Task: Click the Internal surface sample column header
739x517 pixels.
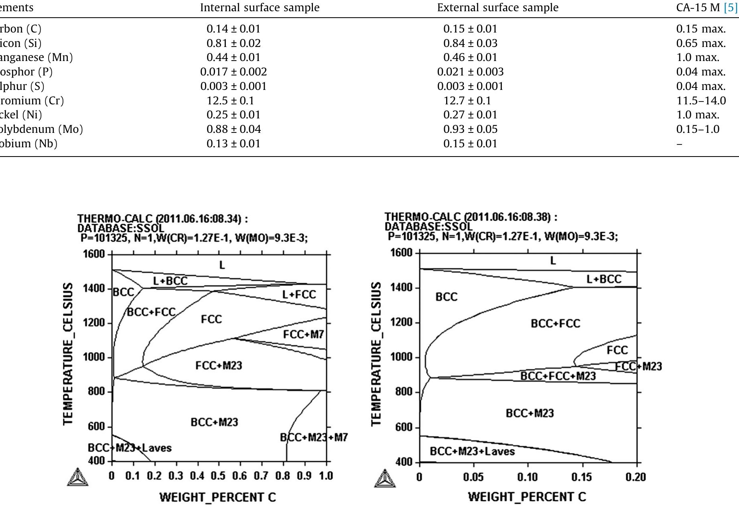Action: coord(260,8)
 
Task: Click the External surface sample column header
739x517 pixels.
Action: coord(497,8)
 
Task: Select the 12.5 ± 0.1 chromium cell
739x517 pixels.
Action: coord(230,101)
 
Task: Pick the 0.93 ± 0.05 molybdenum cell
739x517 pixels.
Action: coord(470,129)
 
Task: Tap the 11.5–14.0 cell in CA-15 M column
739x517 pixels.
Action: coord(701,101)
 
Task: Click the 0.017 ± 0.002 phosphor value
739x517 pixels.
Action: coord(233,72)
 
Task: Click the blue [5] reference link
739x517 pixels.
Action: coord(731,8)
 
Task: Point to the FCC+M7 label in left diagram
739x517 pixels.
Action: coord(303,334)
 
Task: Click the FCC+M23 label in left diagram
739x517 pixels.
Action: coord(219,365)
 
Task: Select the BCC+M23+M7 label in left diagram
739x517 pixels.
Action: coord(314,437)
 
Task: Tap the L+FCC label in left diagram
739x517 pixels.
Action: coord(299,295)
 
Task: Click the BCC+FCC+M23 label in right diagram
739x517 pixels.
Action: coord(558,376)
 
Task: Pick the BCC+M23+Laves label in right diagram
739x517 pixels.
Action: coord(472,452)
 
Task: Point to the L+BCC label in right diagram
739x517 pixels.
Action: coord(604,279)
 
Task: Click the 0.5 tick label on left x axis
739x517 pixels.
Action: coord(218,476)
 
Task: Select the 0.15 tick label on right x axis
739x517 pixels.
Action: coord(581,477)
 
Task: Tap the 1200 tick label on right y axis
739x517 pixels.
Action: coord(401,322)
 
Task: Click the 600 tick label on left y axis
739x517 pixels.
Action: coord(96,426)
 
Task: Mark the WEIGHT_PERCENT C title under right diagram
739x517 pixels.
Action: coord(527,497)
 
